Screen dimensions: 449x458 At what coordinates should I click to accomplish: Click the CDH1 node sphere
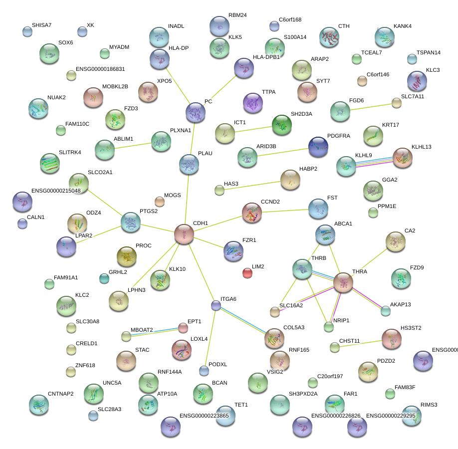coord(184,234)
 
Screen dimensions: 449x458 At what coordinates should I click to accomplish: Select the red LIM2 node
coord(247,272)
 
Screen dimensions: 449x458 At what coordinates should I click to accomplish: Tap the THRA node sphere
coord(343,282)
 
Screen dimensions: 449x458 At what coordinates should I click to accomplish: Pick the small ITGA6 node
coord(216,305)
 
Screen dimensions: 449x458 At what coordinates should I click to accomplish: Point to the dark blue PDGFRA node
coord(318,146)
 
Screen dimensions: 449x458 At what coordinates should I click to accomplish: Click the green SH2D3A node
coord(282,125)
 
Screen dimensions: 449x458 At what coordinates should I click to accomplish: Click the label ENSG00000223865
coord(204,415)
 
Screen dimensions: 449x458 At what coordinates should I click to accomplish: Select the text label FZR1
coord(249,240)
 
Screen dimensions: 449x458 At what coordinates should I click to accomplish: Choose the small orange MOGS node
coord(159,202)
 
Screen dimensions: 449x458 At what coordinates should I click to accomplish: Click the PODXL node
coord(204,370)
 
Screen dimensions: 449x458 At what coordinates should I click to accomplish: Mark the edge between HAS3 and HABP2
coord(254,185)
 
